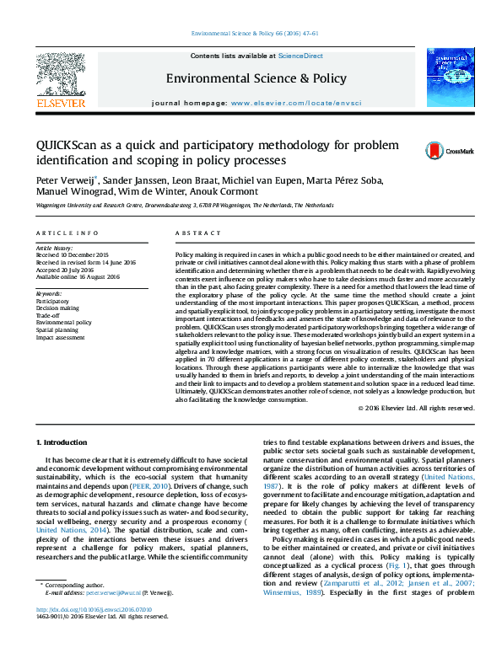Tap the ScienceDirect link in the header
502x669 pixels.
pos(301,56)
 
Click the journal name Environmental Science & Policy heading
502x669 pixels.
pos(256,78)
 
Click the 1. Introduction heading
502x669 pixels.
pos(65,443)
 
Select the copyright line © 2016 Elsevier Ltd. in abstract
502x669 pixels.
pos(418,409)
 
